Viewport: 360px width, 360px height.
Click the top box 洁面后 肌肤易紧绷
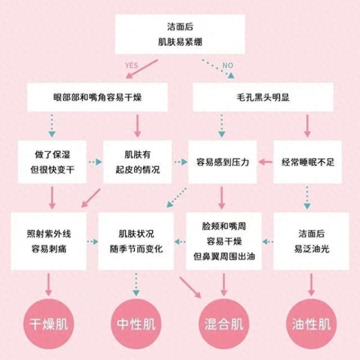tap(179, 34)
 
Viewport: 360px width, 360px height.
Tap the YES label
tap(131, 64)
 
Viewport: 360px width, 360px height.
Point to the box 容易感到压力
tap(223, 162)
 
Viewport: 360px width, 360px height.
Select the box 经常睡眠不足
tap(307, 162)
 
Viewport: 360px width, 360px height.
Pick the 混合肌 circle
tap(223, 325)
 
